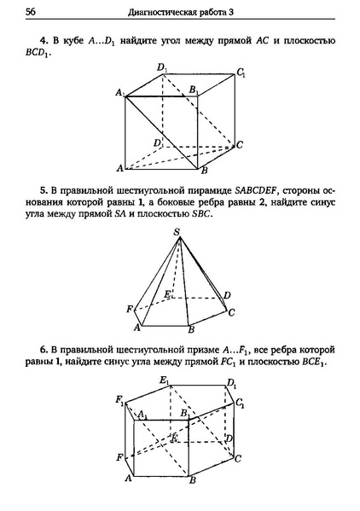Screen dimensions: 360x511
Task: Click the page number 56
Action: [x=31, y=11]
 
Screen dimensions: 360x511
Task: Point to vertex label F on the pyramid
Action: [x=129, y=308]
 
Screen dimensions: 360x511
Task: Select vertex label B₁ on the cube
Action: [x=195, y=90]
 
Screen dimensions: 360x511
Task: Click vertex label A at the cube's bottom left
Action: [x=120, y=167]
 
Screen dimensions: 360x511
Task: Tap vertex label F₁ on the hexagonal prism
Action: [x=121, y=400]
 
